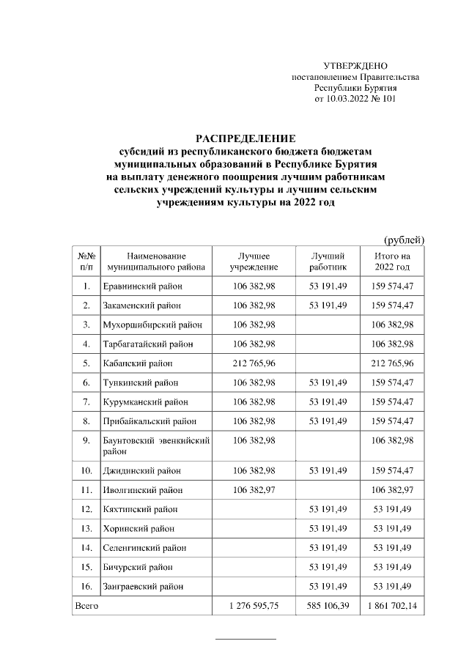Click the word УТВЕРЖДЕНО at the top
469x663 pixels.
point(355,67)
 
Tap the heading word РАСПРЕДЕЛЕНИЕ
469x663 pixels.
point(245,138)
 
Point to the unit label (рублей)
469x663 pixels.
point(404,240)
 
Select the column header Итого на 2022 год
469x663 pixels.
point(392,262)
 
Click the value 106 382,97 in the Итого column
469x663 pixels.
point(393,489)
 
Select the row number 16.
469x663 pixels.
point(86,586)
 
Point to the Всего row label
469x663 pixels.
point(86,605)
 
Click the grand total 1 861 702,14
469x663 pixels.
point(393,605)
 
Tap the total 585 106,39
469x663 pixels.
point(328,605)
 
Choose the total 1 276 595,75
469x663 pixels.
point(254,605)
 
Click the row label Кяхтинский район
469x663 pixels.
point(141,508)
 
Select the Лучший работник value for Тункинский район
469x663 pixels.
point(328,382)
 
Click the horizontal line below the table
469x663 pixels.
point(245,640)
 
